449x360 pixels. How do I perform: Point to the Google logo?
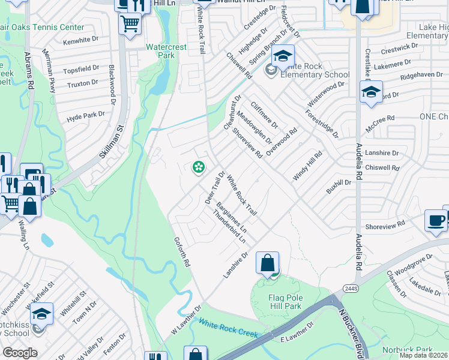click(x=19, y=353)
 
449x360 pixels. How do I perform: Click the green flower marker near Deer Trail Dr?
click(x=197, y=167)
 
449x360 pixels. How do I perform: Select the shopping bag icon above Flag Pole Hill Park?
click(x=267, y=263)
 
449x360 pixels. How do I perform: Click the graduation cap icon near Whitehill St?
click(x=42, y=314)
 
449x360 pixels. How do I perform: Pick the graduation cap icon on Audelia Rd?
click(x=371, y=92)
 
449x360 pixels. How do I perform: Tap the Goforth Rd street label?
click(x=182, y=251)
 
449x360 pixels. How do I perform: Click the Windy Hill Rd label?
click(x=307, y=165)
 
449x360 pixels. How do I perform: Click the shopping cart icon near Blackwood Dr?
click(x=130, y=25)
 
